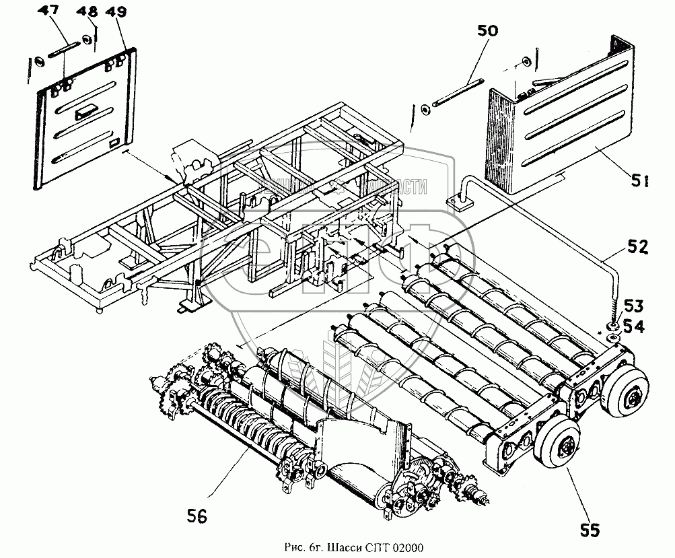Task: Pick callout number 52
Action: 637,248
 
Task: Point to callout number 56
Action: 197,516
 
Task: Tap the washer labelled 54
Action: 614,326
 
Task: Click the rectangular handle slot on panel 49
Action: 85,112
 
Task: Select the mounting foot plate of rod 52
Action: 462,201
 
